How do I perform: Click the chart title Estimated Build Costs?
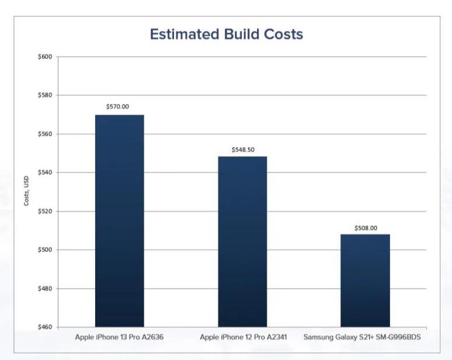pos(226,34)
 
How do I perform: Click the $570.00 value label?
pos(118,107)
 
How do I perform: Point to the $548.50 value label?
pos(243,150)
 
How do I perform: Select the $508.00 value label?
pos(366,228)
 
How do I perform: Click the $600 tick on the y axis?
pos(45,57)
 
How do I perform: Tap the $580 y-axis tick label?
pos(45,95)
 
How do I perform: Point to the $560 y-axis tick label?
pos(45,134)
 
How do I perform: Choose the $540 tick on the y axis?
pos(45,173)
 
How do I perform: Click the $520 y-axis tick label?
pos(45,212)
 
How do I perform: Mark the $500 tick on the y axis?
pos(45,250)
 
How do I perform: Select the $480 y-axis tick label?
pos(45,289)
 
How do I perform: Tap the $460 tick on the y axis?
pos(45,327)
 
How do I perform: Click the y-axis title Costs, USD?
pos(26,192)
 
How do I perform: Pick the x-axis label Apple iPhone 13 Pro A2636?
pos(119,337)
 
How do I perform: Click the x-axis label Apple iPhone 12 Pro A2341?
pos(242,337)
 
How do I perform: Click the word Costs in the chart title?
pos(283,34)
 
